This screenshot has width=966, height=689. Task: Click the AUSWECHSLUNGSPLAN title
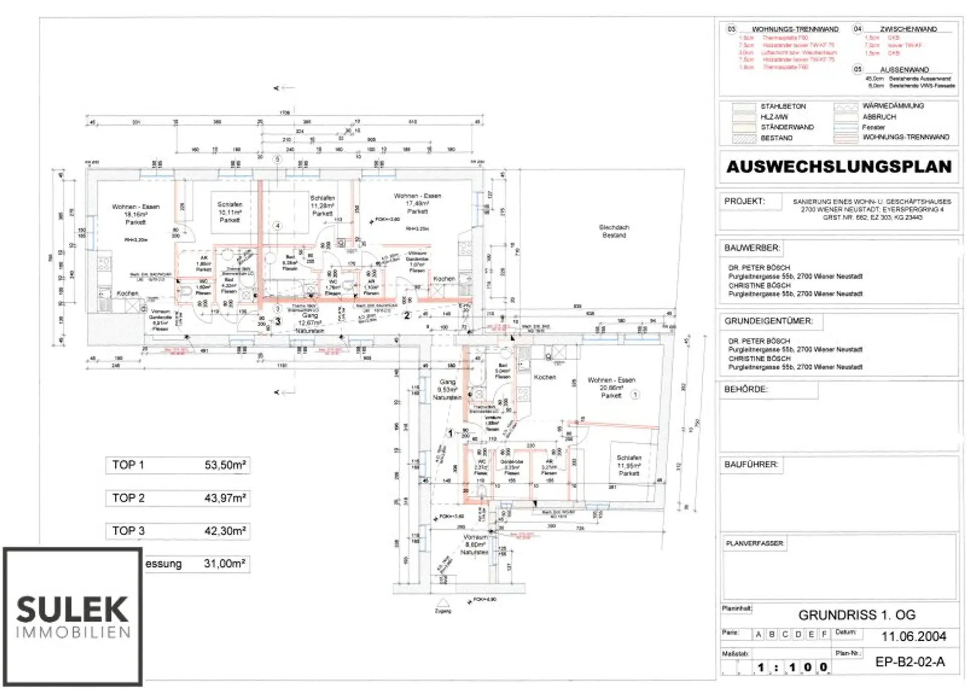839,166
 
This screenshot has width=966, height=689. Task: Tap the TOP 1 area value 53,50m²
225,465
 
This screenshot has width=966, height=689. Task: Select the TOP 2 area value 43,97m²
225,498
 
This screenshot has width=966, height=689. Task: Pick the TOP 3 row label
128,531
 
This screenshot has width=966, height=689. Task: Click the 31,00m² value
224,563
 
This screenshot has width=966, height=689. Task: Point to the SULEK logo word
72,610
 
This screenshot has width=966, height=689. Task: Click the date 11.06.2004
913,636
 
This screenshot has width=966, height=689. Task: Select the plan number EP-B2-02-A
910,662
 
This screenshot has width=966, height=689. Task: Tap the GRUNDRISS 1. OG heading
857,615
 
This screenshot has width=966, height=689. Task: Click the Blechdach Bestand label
614,231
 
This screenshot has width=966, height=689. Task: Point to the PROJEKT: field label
744,201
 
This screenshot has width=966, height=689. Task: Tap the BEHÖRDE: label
746,389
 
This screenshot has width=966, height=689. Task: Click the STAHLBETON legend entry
783,107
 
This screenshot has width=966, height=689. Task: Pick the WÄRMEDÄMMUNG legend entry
893,106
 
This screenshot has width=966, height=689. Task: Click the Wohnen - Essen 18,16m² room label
135,214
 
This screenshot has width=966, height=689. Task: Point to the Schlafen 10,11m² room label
230,212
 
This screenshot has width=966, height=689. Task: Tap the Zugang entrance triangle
443,603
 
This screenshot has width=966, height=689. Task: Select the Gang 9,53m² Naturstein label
447,389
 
